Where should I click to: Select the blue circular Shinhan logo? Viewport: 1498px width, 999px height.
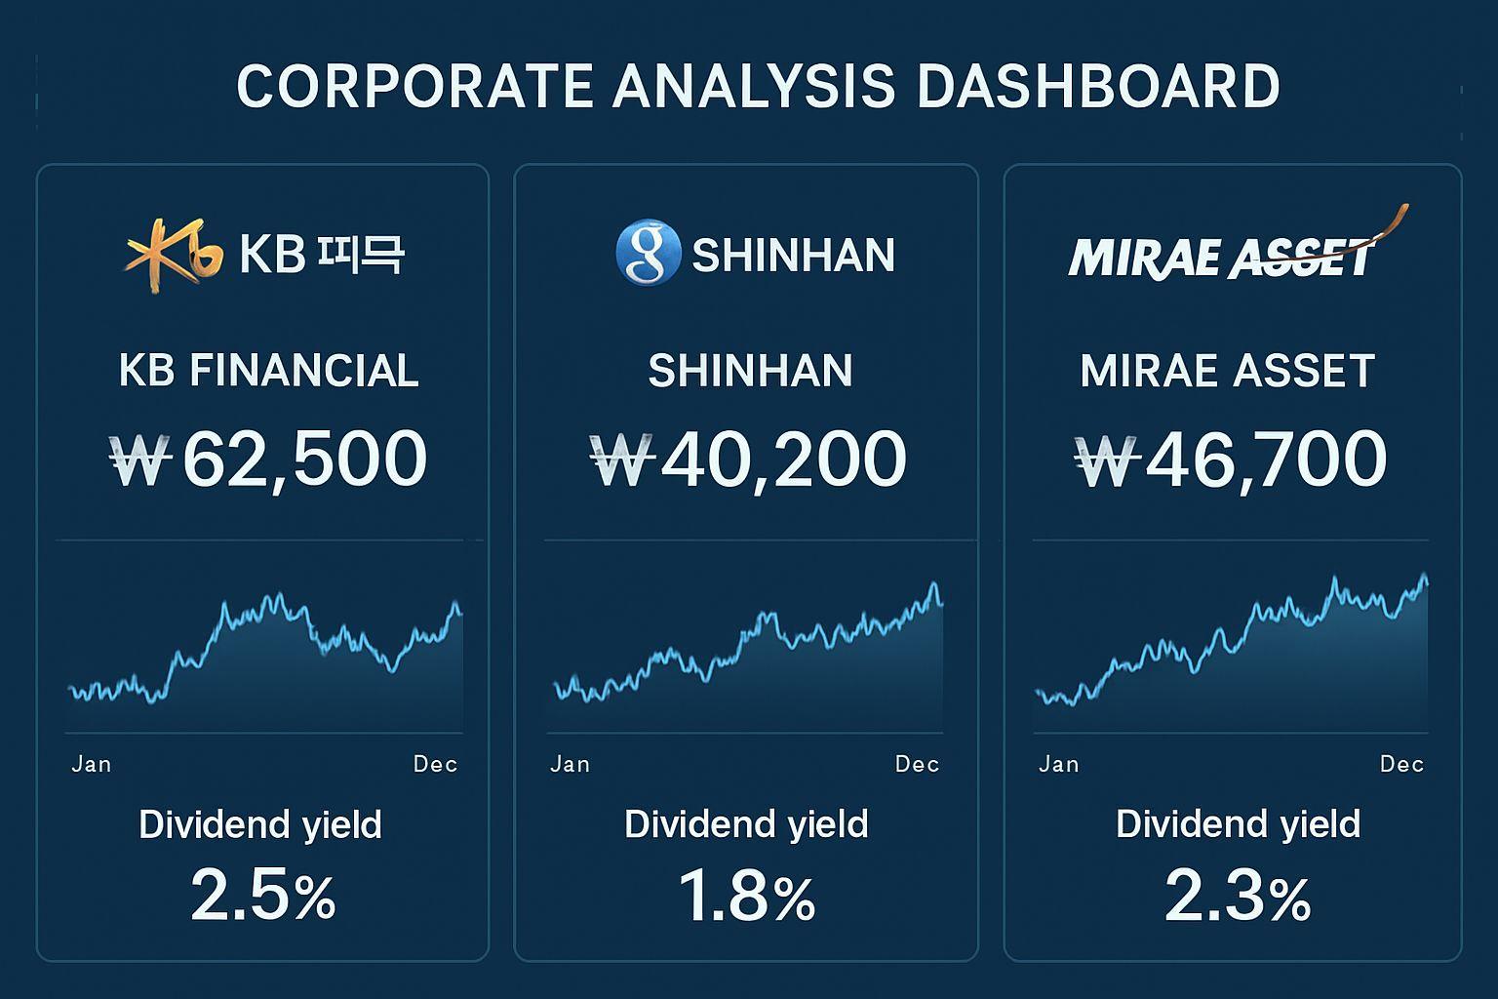648,253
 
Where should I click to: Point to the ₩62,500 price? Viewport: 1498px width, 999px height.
269,460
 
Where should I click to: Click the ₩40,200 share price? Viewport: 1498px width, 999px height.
749,460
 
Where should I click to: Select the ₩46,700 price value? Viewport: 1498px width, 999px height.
1231,460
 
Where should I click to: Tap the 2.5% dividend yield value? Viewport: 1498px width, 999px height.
262,896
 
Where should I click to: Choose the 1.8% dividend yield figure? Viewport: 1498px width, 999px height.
746,896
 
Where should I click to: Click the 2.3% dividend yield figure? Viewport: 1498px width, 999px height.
1237,896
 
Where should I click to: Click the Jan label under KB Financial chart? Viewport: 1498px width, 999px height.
92,764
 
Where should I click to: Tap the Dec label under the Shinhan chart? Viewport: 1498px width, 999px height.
917,764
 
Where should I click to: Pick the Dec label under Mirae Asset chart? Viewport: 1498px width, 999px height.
1401,764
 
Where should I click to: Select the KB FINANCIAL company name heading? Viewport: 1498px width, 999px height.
269,371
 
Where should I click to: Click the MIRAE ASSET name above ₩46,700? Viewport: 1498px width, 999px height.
1228,371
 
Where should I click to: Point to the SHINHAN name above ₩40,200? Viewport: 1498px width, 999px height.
750,371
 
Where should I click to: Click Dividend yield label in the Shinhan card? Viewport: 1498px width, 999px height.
746,824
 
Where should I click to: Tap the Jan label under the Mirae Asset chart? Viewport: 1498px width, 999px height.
1059,764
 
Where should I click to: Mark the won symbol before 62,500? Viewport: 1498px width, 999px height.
141,460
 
